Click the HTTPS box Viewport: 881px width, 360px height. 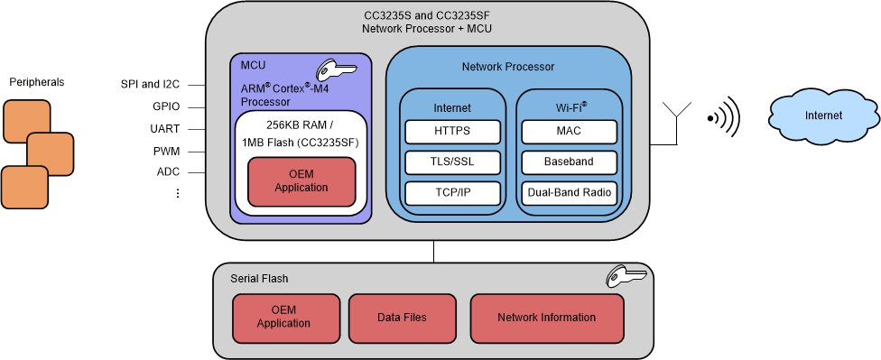point(451,132)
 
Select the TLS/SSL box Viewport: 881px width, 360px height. point(451,162)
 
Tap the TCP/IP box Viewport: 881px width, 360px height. point(451,193)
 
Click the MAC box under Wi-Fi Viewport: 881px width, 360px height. point(569,132)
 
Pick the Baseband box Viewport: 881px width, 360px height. point(569,162)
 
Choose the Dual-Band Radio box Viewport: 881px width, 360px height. point(569,193)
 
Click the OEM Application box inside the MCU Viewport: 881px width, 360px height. point(301,181)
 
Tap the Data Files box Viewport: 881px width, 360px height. point(402,317)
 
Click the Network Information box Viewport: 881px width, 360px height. point(546,317)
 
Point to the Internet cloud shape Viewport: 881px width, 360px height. point(823,115)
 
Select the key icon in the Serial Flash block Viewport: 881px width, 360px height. point(625,277)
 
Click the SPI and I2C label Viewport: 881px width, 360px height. point(151,84)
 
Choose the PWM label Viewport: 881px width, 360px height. point(166,150)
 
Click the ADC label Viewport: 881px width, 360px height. point(168,171)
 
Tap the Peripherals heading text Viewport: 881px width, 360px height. point(37,82)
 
